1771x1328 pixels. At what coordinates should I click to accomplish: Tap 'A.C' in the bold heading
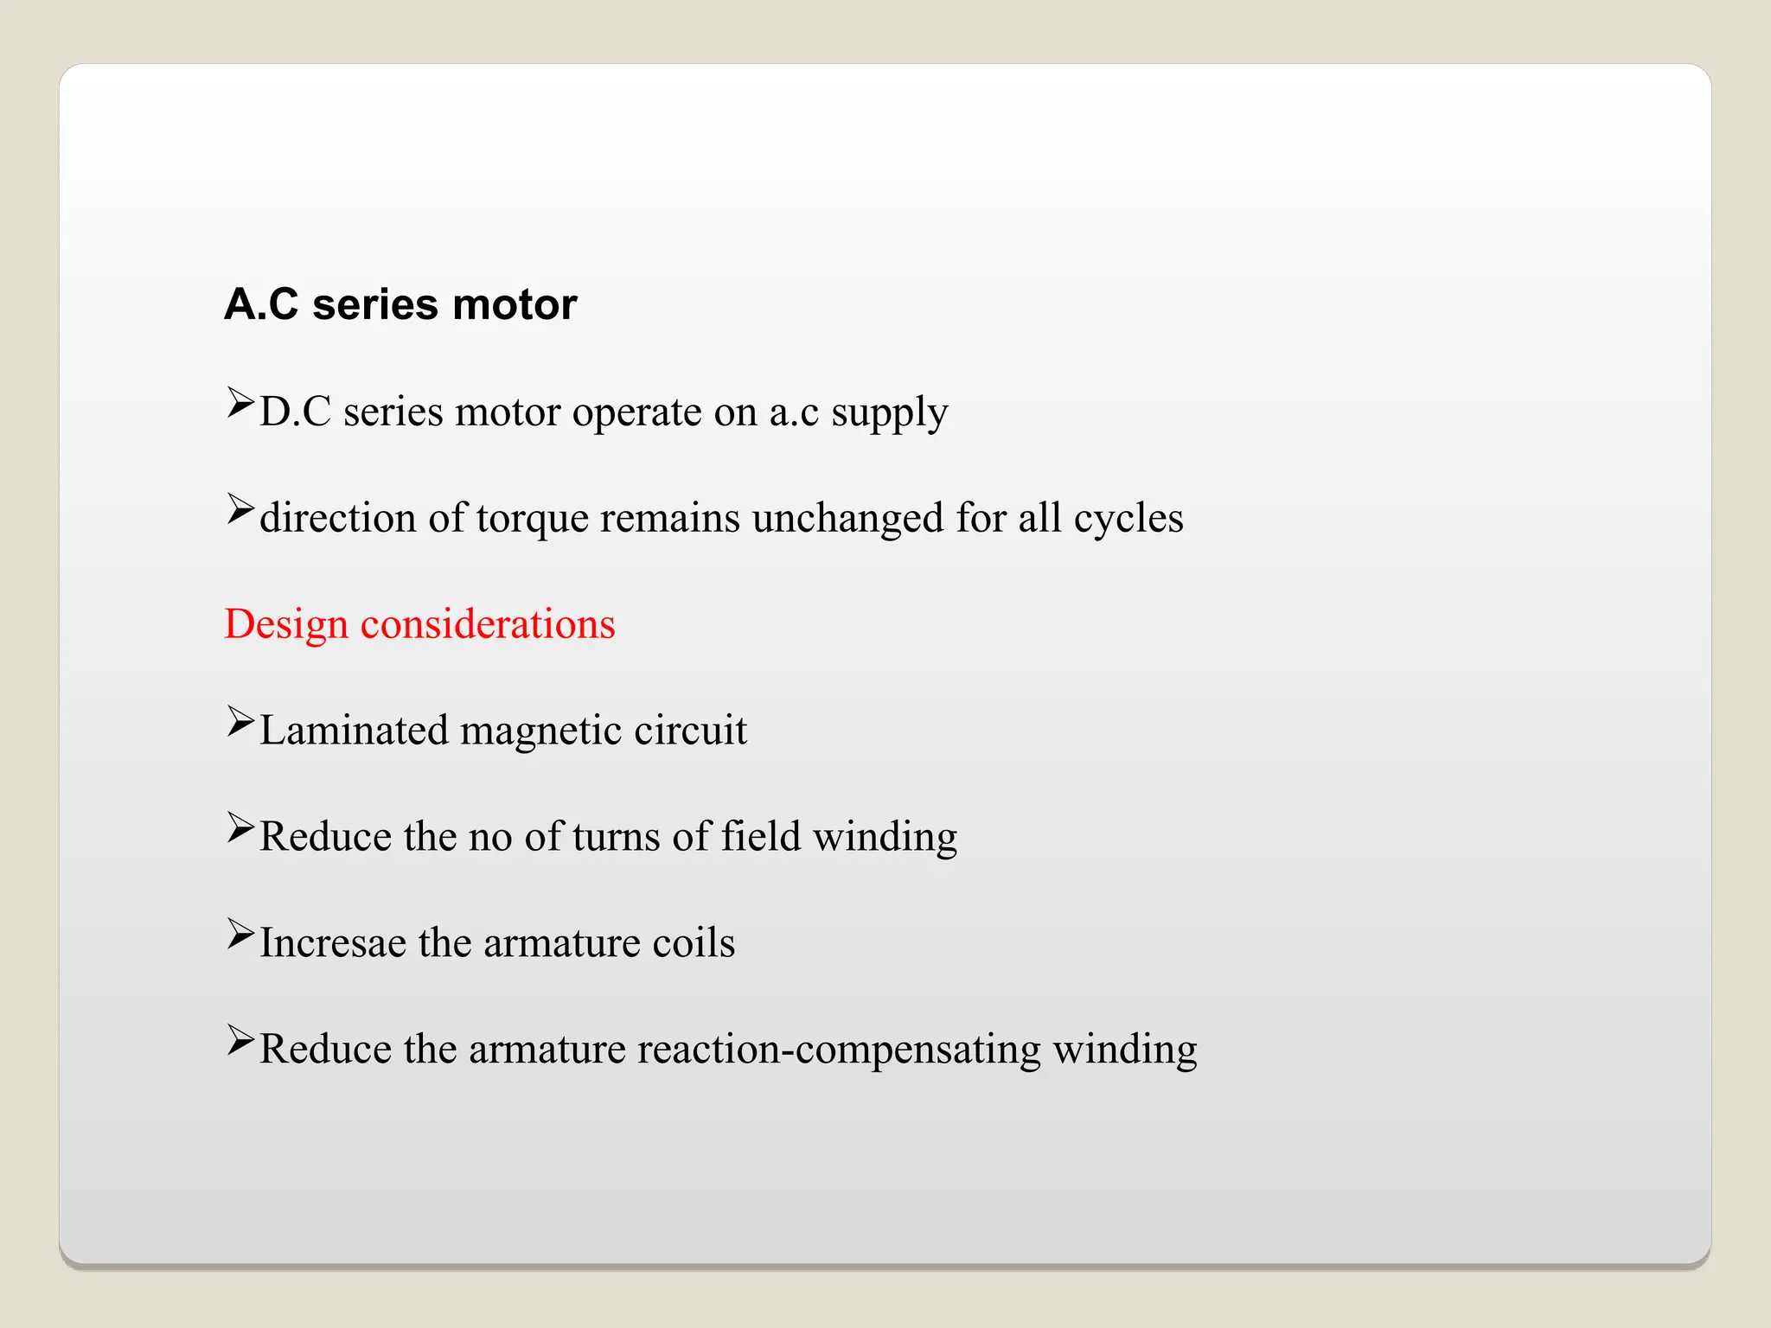coord(261,305)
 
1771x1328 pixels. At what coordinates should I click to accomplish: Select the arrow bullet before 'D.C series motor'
coord(240,403)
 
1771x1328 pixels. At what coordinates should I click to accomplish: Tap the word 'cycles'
coord(1128,520)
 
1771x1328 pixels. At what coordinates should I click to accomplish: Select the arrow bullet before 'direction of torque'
coord(240,509)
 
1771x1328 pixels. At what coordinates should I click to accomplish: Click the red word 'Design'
coord(286,625)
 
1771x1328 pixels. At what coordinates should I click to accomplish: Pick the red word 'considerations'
coord(488,624)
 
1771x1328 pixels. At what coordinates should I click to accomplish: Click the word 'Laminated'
coord(354,731)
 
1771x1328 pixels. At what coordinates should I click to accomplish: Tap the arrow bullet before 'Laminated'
coord(240,722)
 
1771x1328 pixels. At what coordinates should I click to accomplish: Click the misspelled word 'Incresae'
coord(333,943)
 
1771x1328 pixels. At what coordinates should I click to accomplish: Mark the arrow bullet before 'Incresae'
coord(240,935)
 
